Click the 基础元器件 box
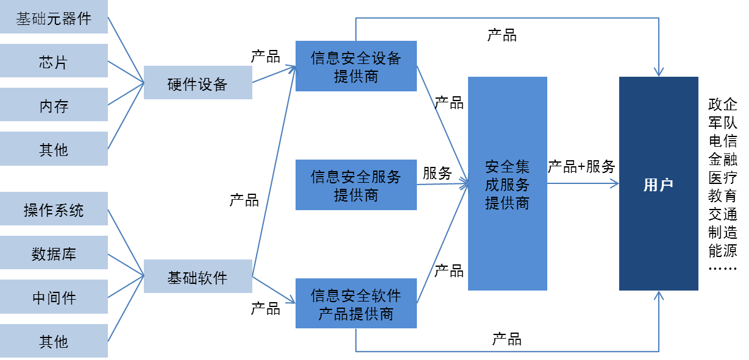[54, 18]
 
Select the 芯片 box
[54, 62]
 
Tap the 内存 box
[54, 105]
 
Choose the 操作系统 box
[54, 210]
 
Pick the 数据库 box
[54, 253]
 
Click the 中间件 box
[54, 297]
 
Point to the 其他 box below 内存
[54, 149]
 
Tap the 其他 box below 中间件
[54, 341]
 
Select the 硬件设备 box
[197, 83]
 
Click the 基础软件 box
[197, 277]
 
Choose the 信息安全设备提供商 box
[356, 66]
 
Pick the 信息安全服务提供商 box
[356, 185]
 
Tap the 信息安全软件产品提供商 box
[356, 304]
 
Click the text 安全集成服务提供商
[507, 185]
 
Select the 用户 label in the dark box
[658, 185]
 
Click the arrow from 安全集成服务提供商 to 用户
[582, 183]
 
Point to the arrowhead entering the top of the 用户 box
[658, 71]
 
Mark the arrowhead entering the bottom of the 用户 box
[658, 296]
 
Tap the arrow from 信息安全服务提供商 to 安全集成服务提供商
[442, 183]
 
